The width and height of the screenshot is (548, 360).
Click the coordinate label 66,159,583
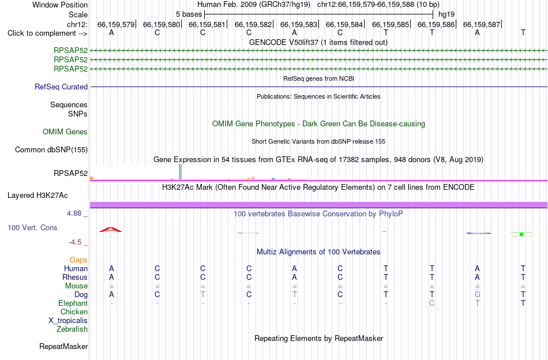tap(298, 24)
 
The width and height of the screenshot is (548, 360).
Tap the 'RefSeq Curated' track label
tap(61, 87)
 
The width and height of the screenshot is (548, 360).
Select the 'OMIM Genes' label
tap(65, 132)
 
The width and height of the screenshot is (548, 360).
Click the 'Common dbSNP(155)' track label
tap(51, 149)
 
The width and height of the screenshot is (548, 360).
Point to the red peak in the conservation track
tap(110, 229)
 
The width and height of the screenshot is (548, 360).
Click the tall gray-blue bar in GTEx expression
tap(180, 171)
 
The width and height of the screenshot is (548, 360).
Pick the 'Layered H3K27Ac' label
tap(37, 196)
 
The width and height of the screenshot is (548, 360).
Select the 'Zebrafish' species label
tap(72, 329)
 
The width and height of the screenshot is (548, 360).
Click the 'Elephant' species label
tap(73, 303)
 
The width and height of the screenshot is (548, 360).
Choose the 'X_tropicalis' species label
tap(68, 321)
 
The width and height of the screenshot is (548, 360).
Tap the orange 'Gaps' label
tap(78, 260)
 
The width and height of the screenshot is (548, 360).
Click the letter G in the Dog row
tap(478, 294)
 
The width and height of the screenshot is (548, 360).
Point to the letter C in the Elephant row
tap(432, 303)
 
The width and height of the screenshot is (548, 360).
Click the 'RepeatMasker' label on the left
tap(63, 346)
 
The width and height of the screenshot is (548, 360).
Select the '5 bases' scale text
tap(189, 14)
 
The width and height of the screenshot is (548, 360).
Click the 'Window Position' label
tap(60, 5)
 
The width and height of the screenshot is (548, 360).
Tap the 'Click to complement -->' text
tap(47, 33)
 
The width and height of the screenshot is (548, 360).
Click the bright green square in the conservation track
tap(521, 234)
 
